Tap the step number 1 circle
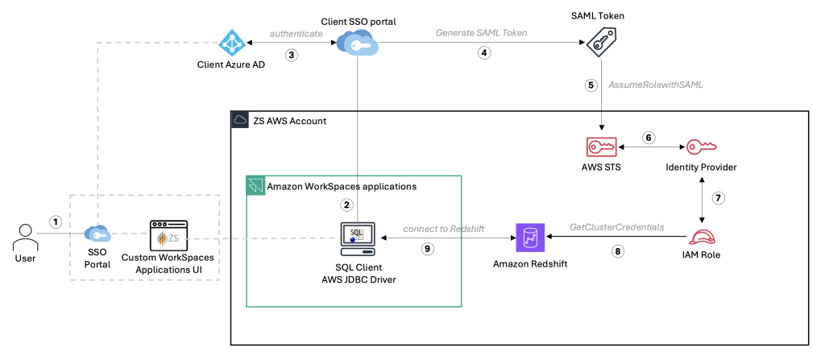(x=56, y=221)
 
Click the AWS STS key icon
(x=602, y=148)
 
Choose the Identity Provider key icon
(x=700, y=148)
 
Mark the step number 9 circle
(x=428, y=250)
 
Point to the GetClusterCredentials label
(x=617, y=227)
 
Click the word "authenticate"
(x=297, y=34)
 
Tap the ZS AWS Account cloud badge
(x=239, y=120)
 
